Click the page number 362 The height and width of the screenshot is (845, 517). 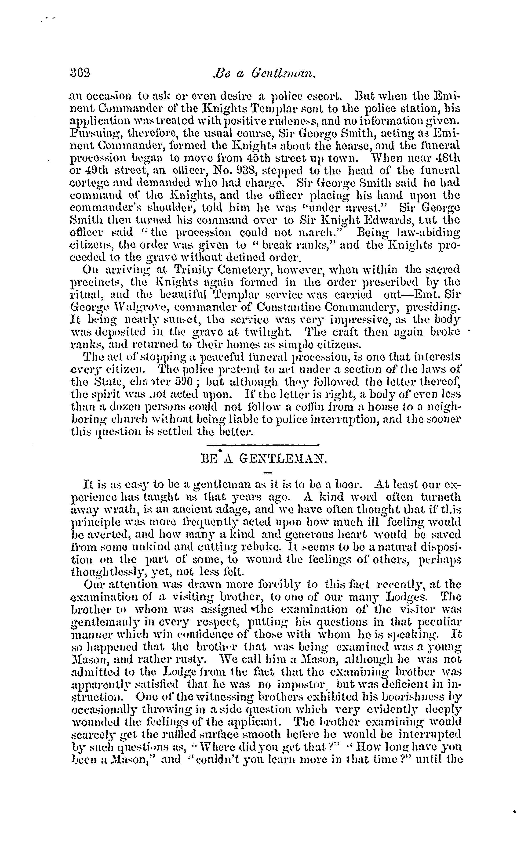pos(80,73)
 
